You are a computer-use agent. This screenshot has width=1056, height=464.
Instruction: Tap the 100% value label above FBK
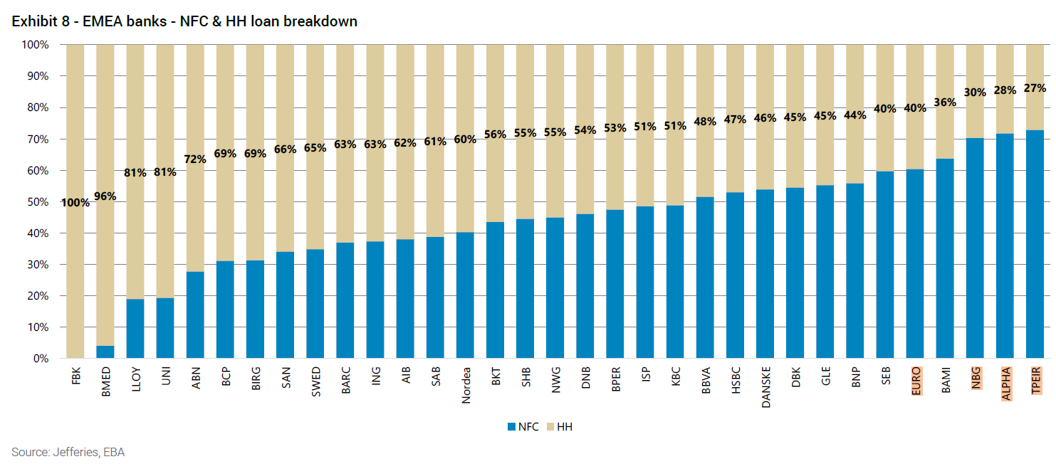coord(75,202)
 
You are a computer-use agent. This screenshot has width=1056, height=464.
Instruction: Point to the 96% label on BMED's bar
coord(105,196)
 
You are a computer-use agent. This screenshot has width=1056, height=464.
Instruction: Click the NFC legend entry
coord(523,427)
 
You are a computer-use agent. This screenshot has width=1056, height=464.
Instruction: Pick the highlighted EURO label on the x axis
coord(916,381)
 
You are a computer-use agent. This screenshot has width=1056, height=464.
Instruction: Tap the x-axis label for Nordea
coord(466,386)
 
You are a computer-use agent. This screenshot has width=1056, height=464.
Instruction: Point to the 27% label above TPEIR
coord(1035,88)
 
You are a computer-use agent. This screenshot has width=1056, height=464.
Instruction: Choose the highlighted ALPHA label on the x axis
coord(1005,383)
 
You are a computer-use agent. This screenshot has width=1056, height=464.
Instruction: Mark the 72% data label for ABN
coord(195,159)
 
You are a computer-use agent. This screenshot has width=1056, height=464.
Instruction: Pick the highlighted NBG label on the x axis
coord(976,379)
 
